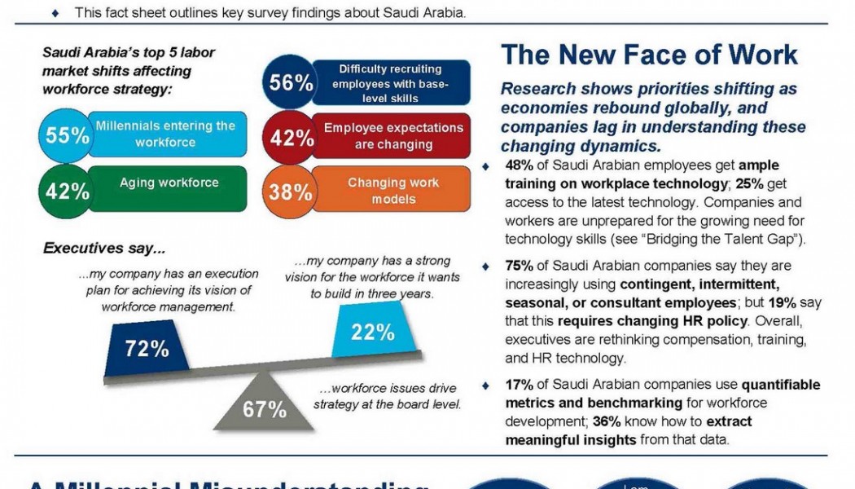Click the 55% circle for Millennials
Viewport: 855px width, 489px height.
(67, 135)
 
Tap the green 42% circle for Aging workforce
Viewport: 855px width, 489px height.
(67, 191)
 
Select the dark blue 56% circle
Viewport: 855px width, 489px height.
(292, 83)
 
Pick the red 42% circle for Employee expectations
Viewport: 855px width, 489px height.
(292, 137)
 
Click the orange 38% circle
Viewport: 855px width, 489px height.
(292, 192)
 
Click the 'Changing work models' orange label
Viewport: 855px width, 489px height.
(392, 190)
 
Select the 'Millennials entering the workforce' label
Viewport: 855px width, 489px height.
(165, 134)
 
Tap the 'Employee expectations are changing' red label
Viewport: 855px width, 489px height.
(392, 136)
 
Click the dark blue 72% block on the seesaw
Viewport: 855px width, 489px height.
(147, 348)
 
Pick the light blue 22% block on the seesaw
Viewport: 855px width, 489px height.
(373, 331)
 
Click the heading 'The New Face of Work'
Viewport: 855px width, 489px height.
(649, 55)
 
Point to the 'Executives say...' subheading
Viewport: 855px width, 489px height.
(103, 248)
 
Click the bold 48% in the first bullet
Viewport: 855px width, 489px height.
(520, 165)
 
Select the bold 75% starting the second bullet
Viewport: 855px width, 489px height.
(520, 266)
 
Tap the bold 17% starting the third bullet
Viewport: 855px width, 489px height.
(520, 385)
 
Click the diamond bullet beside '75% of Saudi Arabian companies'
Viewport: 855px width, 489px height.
(486, 267)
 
